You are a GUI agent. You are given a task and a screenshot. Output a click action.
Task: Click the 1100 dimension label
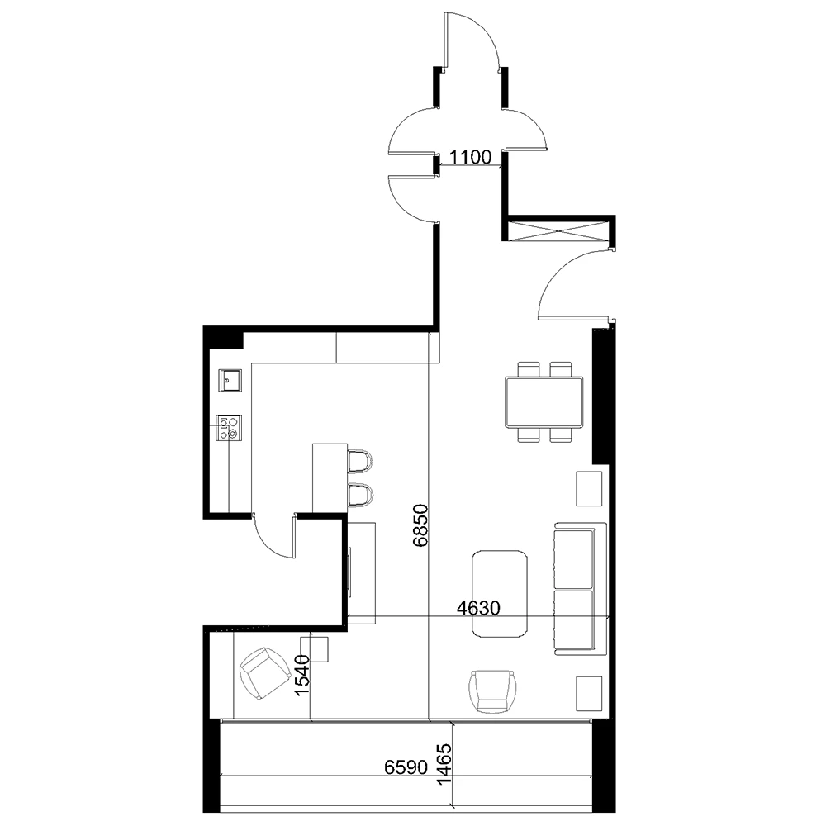click(x=471, y=155)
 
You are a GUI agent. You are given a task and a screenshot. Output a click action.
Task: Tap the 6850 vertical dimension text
click(x=421, y=525)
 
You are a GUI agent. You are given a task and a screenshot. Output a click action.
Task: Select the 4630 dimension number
click(x=479, y=609)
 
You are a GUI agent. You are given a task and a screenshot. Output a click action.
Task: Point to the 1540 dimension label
click(x=302, y=673)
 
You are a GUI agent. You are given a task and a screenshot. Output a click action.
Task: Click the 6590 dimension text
click(x=406, y=767)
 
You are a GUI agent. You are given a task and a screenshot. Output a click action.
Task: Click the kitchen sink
click(x=229, y=380)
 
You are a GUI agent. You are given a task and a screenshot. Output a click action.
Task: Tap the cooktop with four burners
click(x=229, y=426)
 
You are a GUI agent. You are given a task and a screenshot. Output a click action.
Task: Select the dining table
click(x=544, y=401)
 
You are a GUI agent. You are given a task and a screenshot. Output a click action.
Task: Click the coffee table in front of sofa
click(x=500, y=594)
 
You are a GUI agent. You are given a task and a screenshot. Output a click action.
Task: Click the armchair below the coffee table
click(x=493, y=691)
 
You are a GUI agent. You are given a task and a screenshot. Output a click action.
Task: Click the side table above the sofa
click(x=589, y=488)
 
